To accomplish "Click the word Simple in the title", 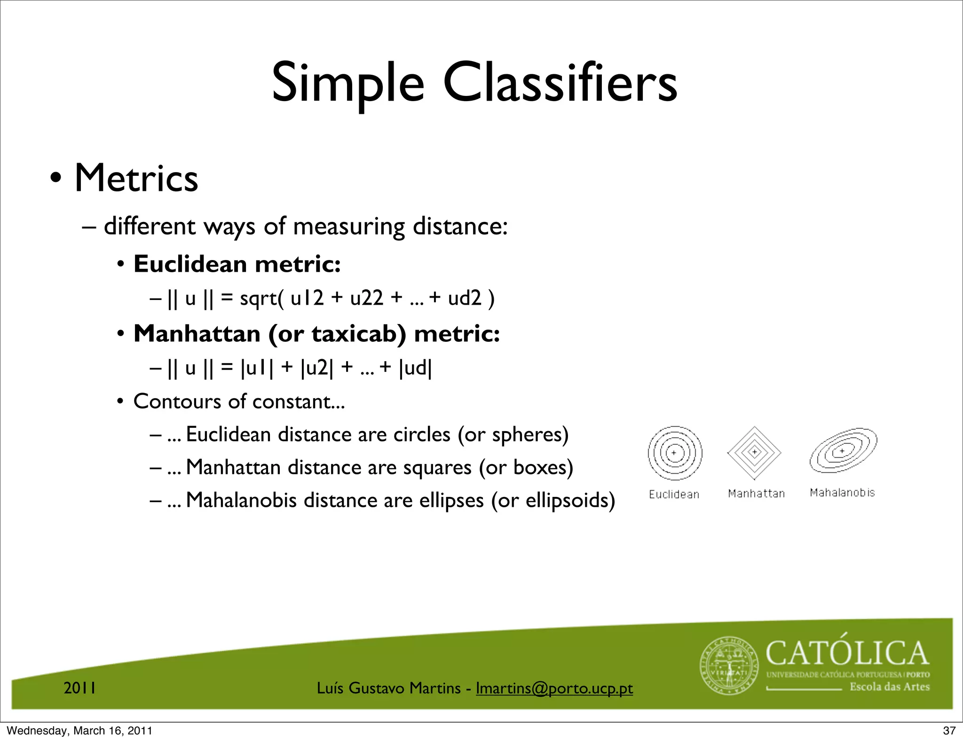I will click(348, 83).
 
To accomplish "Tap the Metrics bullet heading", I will click(136, 179).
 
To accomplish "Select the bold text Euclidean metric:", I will click(237, 264).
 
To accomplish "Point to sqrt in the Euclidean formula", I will click(259, 298).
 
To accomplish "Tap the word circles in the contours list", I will click(422, 434).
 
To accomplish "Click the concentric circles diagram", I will click(675, 453).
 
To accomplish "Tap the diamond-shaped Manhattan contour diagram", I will click(754, 453).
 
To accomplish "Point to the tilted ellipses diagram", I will click(843, 450).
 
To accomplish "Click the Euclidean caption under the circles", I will click(674, 494).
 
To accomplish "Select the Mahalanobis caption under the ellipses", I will click(842, 493).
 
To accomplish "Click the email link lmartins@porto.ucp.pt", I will click(554, 688).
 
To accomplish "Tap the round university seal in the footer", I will click(729, 666).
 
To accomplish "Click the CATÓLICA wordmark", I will click(847, 654).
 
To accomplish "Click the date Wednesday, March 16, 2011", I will click(79, 731).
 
